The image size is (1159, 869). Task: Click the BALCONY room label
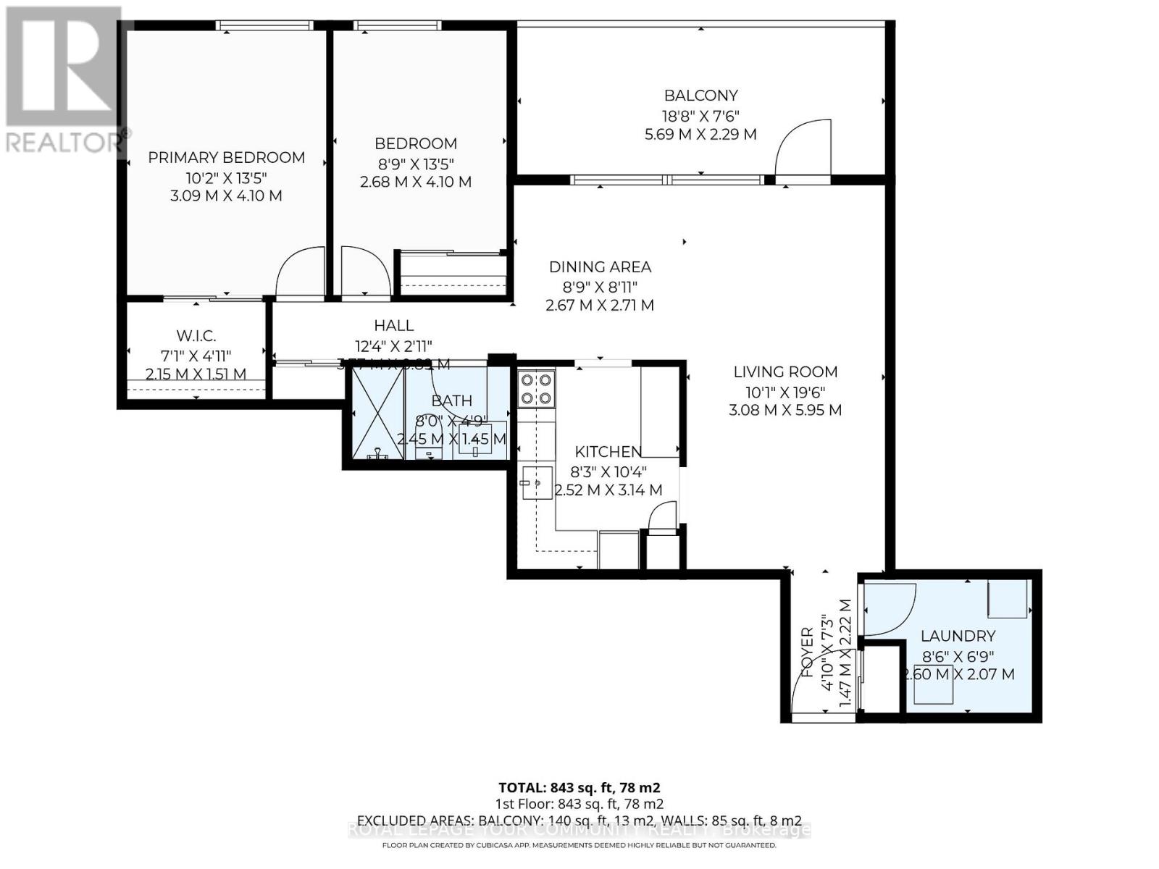(700, 96)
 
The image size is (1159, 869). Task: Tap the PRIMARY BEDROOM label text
(226, 158)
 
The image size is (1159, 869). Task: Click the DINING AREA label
(600, 267)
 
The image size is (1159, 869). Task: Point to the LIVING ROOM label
(785, 372)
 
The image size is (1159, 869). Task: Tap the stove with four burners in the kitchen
(537, 389)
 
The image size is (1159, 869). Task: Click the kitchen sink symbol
(536, 482)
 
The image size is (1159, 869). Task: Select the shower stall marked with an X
(377, 413)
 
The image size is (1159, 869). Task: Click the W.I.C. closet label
(196, 336)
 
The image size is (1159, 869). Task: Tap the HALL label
(394, 326)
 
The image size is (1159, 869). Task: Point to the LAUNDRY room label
(958, 636)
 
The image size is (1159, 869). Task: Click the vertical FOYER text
(808, 652)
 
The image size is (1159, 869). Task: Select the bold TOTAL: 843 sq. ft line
(579, 787)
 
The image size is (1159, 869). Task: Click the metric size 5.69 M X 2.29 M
(700, 134)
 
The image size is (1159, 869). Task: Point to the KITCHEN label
(608, 452)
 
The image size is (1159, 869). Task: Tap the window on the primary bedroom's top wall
(264, 25)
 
